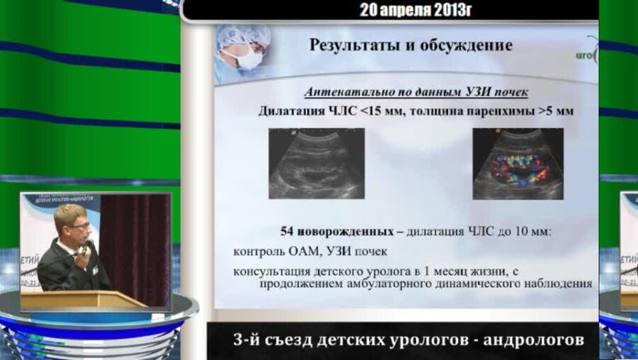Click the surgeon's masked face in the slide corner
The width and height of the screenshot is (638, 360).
point(246,54)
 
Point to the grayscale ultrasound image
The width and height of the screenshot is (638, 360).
point(316,163)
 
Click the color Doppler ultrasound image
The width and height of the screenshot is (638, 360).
point(517,163)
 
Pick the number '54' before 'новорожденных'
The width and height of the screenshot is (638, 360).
point(288,231)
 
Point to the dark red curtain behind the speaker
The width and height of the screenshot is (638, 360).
point(135,241)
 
